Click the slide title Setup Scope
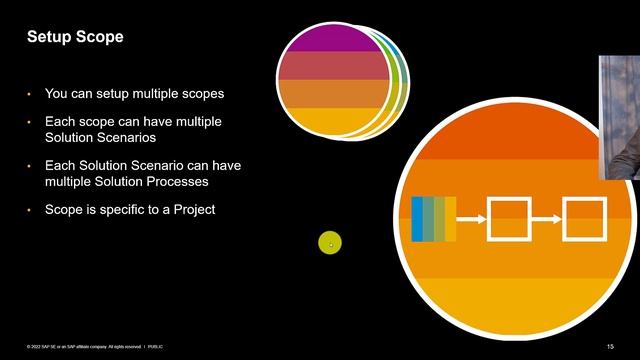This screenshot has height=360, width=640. [x=74, y=37]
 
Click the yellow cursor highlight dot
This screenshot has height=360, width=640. [x=330, y=243]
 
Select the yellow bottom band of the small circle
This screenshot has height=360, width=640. [x=333, y=122]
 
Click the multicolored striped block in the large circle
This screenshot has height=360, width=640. [x=433, y=219]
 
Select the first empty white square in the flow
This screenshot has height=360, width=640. [x=508, y=219]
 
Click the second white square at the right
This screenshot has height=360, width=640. [x=584, y=219]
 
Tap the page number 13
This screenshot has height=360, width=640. [x=610, y=346]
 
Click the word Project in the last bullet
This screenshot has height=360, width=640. [x=193, y=209]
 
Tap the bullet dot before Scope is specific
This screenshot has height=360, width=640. [x=30, y=209]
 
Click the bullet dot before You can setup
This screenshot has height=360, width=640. [x=30, y=93]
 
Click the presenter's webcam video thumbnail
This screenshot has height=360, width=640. [x=619, y=116]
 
